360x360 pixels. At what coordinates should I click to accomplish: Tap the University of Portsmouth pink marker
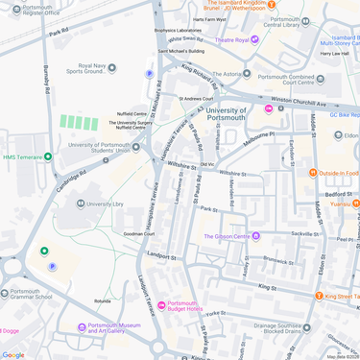(268, 109)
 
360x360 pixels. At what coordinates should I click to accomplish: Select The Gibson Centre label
(228, 236)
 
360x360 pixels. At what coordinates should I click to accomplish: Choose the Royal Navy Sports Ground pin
(111, 68)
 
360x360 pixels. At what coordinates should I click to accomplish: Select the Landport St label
(160, 257)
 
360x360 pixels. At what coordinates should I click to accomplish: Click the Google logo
(13, 354)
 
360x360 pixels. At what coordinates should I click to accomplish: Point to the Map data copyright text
(342, 356)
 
